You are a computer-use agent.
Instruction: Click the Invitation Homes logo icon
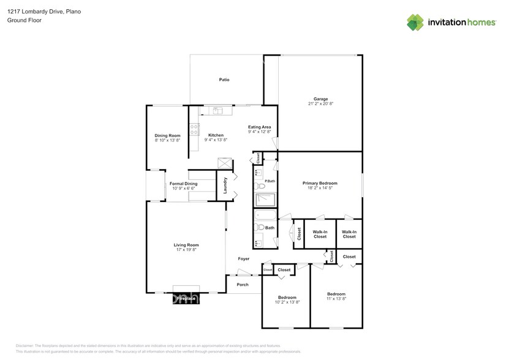tap(415, 23)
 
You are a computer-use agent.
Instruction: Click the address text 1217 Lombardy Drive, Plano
tap(43, 12)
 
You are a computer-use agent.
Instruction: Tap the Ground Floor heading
tap(23, 20)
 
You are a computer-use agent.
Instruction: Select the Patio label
tap(225, 80)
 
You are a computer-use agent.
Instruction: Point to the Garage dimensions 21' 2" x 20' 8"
tap(320, 104)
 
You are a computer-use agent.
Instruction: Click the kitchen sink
tap(218, 111)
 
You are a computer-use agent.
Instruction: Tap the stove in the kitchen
tap(194, 129)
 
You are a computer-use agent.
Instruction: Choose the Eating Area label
tap(259, 127)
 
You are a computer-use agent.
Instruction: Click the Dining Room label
tap(167, 135)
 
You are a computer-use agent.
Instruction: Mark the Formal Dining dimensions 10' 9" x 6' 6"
tap(183, 189)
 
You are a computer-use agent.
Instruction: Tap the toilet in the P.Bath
tap(258, 184)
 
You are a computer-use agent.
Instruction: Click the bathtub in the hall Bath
tap(265, 216)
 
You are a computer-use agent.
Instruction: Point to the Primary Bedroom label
tap(320, 183)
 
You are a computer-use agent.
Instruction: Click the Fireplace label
tap(186, 299)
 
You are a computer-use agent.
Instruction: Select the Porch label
tap(243, 284)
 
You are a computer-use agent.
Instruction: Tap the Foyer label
tap(244, 258)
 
